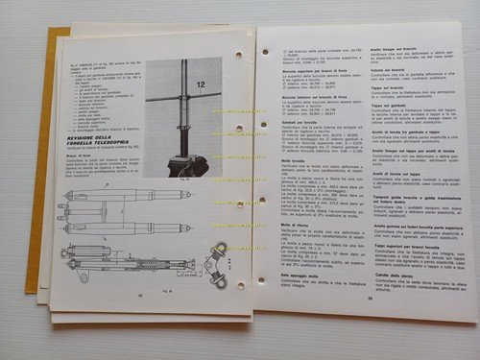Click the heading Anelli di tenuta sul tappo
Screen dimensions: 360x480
[388, 172]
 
